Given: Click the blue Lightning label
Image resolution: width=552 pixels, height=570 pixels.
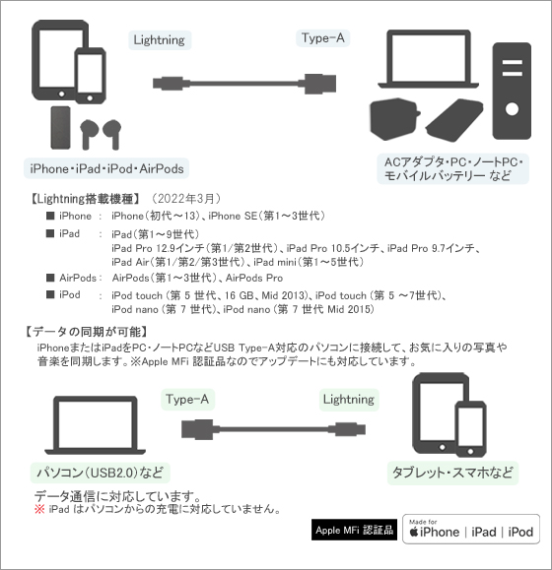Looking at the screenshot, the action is point(160,40).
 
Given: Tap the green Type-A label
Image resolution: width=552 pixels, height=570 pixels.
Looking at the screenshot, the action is point(187,400).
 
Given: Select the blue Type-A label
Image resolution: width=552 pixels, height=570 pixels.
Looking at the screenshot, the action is point(322,38).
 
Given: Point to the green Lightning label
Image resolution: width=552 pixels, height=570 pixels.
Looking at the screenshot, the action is point(349,400).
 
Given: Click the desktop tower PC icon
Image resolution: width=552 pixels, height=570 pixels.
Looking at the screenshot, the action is point(512,91).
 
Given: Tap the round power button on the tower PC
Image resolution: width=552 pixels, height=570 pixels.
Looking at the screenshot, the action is point(512,109).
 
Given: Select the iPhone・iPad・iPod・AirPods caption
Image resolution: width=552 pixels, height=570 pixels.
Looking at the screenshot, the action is point(106,168).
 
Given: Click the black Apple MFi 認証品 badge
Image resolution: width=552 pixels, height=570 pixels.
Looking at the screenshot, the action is point(354,530).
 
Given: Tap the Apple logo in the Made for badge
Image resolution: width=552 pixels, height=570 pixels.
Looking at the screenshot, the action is point(414,533).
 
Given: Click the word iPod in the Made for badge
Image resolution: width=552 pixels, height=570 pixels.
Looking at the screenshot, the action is point(520,533).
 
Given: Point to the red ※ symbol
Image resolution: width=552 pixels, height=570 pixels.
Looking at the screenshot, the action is point(39,509).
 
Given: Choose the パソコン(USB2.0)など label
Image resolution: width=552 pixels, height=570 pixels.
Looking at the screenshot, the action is point(101,473).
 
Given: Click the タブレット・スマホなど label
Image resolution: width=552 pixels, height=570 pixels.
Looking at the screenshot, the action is point(452,473).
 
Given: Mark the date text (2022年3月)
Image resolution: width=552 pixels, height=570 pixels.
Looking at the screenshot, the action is point(186,199).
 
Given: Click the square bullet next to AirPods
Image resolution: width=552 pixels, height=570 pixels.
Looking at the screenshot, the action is point(50,278).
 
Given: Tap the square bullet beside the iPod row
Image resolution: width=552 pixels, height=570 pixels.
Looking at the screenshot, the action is point(50,294).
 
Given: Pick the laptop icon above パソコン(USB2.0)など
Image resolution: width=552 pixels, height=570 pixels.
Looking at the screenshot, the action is point(96,425).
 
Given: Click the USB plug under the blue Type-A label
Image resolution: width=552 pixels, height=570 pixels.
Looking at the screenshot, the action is point(319,84).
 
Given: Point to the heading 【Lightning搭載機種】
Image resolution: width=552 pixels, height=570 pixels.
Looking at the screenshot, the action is point(85,199).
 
